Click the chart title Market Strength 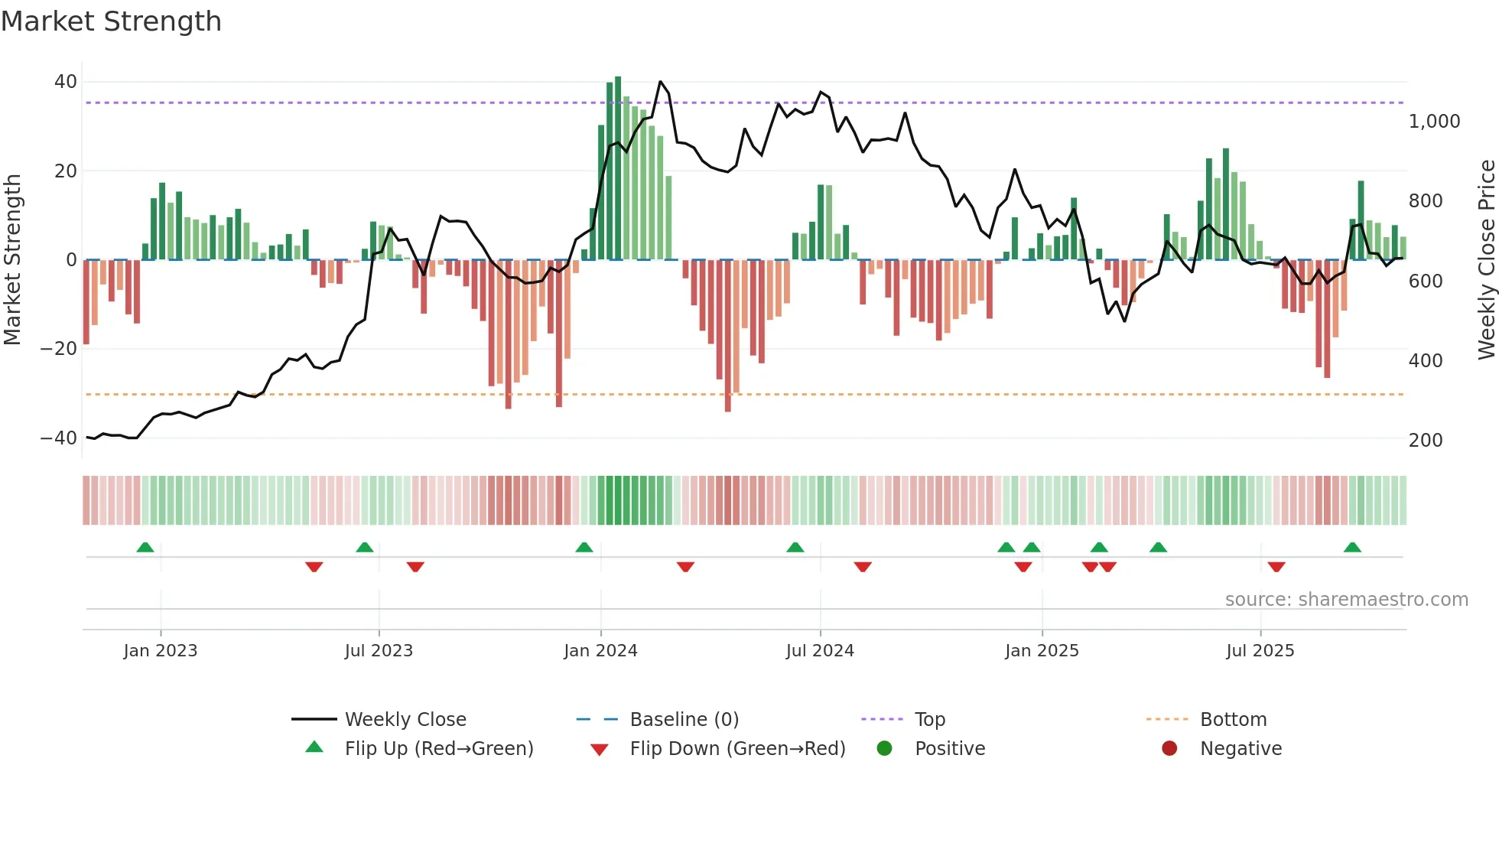point(111,21)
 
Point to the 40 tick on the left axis point(66,82)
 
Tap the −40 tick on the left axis point(59,438)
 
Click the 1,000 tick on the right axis point(1434,122)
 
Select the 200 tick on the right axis point(1425,441)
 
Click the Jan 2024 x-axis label point(600,651)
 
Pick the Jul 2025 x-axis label point(1260,651)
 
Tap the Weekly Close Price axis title point(1486,259)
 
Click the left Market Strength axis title point(12,259)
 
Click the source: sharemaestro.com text point(1346,600)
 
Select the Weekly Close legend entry point(405,720)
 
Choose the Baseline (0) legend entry point(684,720)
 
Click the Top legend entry point(929,720)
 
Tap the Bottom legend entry point(1233,720)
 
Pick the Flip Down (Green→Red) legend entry point(737,749)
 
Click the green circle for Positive point(884,749)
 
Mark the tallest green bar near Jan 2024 point(618,168)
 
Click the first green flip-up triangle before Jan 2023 point(145,547)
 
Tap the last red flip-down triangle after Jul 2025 point(1276,567)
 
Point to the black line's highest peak point(661,82)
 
